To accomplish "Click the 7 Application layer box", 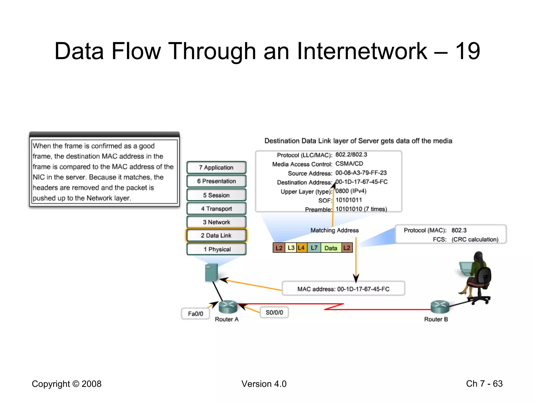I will tap(216, 167).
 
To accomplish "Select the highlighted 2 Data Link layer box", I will tap(216, 235).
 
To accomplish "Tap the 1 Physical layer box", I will tap(216, 249).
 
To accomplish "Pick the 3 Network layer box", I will tap(216, 222).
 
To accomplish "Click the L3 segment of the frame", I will tap(291, 248).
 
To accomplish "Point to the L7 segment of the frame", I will tap(314, 248).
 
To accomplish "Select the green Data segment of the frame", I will tap(331, 248).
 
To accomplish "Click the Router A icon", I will tap(228, 307).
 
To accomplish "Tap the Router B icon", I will tap(440, 307).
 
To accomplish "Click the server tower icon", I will tap(211, 272).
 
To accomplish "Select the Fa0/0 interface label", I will tap(195, 314).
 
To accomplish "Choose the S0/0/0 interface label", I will tap(274, 312).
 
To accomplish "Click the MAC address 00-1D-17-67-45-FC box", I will tap(343, 289).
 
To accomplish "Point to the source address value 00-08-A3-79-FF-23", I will tap(361, 173).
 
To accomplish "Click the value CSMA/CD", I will tap(349, 164).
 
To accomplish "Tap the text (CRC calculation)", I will tap(475, 239).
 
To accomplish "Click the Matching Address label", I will tap(334, 230).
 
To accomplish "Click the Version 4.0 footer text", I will tap(264, 384).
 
